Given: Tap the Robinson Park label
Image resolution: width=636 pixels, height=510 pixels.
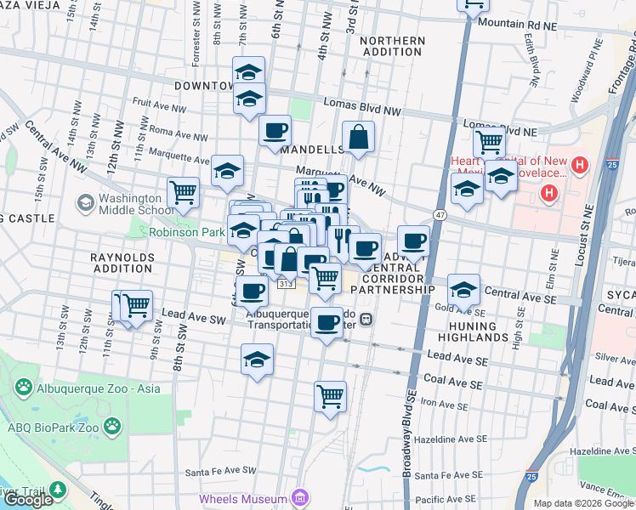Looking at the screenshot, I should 187,231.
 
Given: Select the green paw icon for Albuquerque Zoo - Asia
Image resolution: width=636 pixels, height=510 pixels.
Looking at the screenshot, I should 23,388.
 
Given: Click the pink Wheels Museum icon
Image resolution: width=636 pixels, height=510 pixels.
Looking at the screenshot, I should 298,497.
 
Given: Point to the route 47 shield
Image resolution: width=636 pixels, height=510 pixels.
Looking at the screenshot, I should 440,216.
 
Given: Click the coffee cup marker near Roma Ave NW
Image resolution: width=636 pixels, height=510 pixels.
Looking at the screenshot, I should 275,131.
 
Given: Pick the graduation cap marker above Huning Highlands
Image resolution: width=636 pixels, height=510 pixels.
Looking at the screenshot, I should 463,289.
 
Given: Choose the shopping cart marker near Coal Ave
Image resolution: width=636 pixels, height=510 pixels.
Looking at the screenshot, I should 330,395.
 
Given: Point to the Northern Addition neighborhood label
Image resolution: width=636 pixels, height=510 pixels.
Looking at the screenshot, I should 392,47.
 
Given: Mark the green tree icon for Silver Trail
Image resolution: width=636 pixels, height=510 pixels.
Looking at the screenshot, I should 57,490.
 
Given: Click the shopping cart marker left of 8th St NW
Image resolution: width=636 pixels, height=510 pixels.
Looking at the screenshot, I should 184,192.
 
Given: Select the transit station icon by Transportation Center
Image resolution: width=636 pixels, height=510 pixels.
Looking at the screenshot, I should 366,319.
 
